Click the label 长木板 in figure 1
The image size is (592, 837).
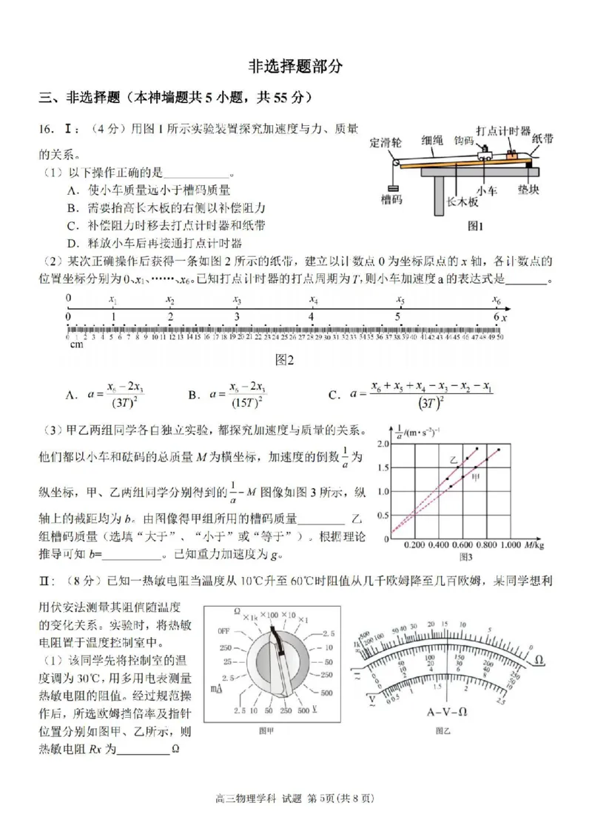click(x=463, y=201)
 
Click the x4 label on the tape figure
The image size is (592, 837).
click(x=314, y=301)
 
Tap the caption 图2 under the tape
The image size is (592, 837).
click(x=285, y=360)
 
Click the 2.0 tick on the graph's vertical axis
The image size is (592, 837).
click(x=383, y=444)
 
